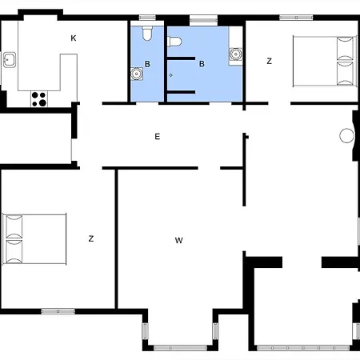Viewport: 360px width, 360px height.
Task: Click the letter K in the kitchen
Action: (74, 38)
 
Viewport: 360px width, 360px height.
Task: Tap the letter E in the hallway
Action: (158, 137)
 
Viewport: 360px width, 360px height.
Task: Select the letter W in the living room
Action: (179, 240)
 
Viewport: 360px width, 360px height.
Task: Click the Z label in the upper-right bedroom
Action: (270, 61)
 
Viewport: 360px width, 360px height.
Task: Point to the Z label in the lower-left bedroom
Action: (91, 238)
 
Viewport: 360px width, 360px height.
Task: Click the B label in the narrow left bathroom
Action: (147, 64)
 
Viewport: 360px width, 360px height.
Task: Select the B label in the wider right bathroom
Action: (202, 64)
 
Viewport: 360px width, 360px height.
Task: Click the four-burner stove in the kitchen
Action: (39, 99)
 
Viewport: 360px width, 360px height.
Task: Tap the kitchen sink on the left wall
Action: (10, 60)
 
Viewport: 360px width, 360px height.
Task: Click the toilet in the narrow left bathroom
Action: (147, 33)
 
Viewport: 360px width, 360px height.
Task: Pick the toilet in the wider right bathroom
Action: (174, 42)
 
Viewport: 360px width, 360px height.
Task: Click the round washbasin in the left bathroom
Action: (137, 74)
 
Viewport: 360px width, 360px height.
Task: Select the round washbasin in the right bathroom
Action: (236, 54)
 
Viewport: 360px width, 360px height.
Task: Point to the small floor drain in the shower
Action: (170, 75)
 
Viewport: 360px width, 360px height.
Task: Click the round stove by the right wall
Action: (346, 135)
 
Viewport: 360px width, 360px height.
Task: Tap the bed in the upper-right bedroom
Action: (325, 62)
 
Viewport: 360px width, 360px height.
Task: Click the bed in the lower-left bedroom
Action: (34, 239)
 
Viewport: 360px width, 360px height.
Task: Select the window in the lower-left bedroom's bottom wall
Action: (58, 311)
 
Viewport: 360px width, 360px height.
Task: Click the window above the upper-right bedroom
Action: (296, 18)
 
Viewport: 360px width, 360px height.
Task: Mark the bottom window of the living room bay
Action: (181, 348)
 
